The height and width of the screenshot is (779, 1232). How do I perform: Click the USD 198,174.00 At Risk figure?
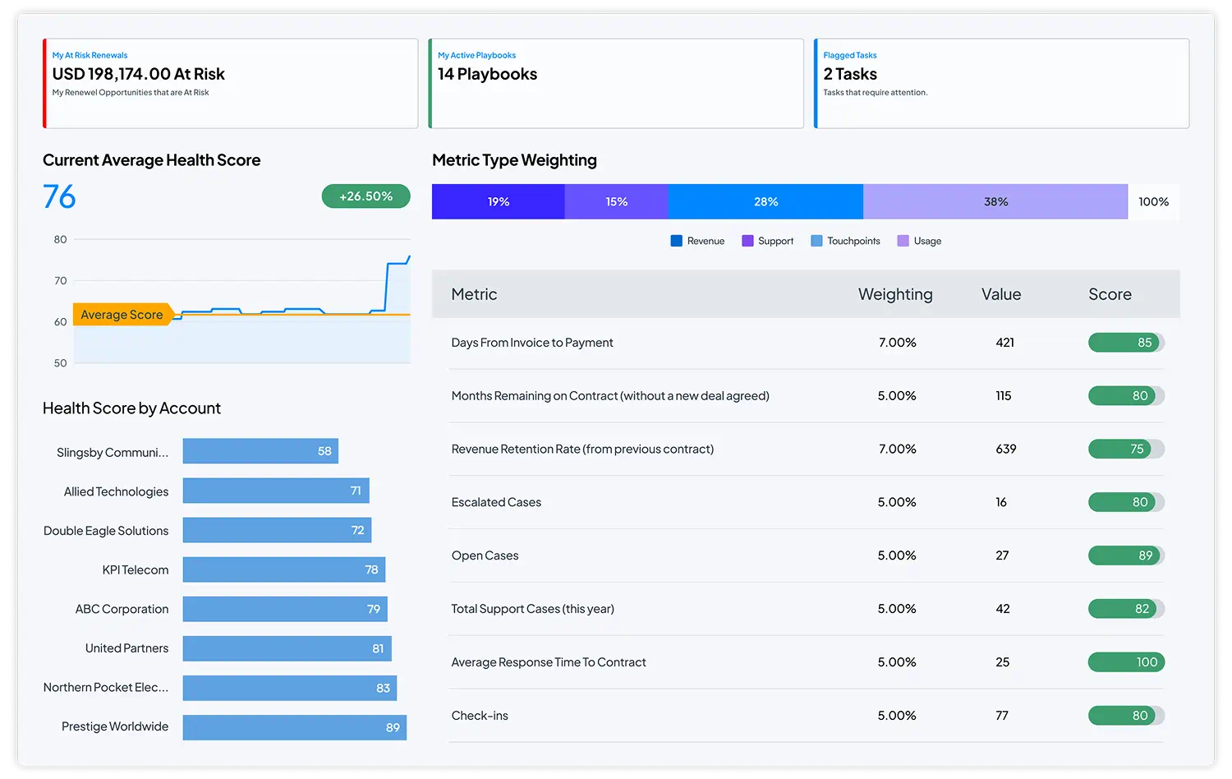click(138, 74)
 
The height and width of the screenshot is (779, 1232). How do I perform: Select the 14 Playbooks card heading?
click(487, 74)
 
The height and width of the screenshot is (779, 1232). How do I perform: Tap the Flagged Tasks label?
click(849, 55)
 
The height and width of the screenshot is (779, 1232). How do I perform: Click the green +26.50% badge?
click(365, 196)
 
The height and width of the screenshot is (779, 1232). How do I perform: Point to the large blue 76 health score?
click(59, 197)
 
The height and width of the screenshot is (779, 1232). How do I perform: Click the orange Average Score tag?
click(122, 315)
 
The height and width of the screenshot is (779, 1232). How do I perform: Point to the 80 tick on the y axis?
click(60, 240)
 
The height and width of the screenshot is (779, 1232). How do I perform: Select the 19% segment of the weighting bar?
click(498, 201)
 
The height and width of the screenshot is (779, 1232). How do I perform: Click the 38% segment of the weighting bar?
click(995, 201)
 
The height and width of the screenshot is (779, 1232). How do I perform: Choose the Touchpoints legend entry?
click(845, 241)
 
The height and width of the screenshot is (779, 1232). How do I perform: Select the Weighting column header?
click(894, 294)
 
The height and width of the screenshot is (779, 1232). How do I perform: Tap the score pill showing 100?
click(1126, 662)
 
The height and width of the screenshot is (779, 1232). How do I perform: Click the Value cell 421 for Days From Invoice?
click(1004, 343)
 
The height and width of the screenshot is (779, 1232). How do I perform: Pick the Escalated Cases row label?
click(496, 502)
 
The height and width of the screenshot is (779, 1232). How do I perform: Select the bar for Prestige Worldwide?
click(294, 727)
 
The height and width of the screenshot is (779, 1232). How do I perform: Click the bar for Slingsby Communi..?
click(260, 451)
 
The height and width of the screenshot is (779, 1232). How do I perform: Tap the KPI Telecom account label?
click(135, 570)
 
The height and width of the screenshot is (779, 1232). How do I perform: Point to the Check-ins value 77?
click(1002, 716)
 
